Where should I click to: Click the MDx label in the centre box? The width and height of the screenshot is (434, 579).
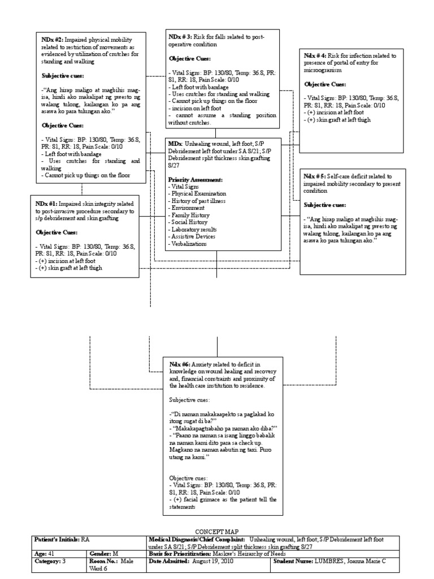coord(175,144)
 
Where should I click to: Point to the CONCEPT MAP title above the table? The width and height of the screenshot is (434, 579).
coord(217,532)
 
